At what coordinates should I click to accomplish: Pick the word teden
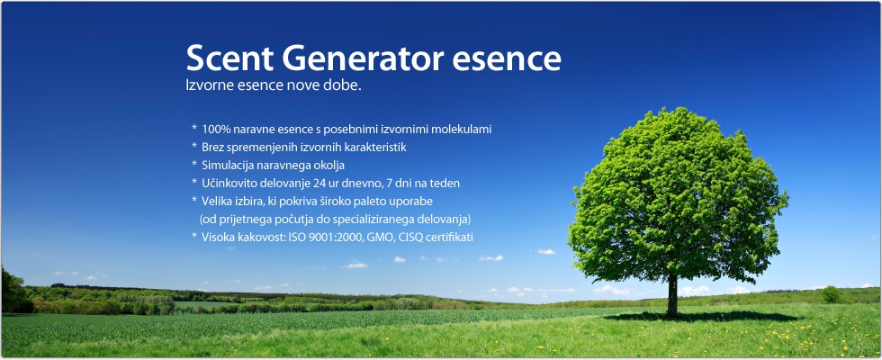tap(448, 184)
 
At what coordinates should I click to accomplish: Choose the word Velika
tap(214, 201)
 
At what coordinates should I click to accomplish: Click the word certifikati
tap(449, 238)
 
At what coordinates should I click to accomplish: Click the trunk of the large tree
tap(672, 295)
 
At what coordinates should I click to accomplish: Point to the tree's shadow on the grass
tap(703, 317)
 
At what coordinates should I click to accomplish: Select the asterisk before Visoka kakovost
tap(194, 236)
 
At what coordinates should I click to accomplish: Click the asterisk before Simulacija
tap(194, 164)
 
